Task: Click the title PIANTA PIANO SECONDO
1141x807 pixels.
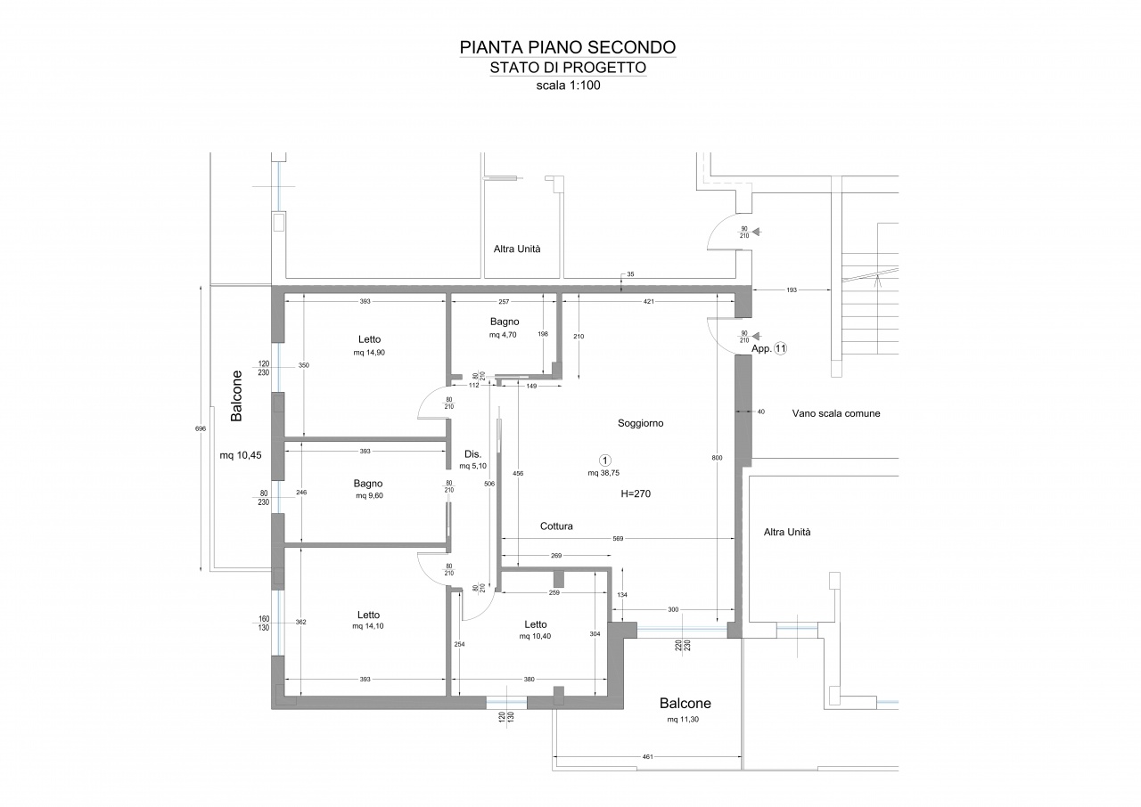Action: pyautogui.click(x=568, y=47)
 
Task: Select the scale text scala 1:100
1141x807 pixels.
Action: pyautogui.click(x=568, y=86)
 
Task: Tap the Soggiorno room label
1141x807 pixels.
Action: pyautogui.click(x=640, y=423)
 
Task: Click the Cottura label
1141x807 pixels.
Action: pyautogui.click(x=556, y=526)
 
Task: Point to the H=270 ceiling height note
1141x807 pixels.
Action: pyautogui.click(x=636, y=493)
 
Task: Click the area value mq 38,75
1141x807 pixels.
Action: pyautogui.click(x=603, y=473)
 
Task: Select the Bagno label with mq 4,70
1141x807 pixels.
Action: pyautogui.click(x=505, y=322)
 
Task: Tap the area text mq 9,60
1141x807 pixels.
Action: pyautogui.click(x=369, y=495)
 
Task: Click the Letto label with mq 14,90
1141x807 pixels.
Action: pyautogui.click(x=369, y=339)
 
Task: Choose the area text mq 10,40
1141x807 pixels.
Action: pyautogui.click(x=535, y=636)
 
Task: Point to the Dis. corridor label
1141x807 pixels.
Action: pyautogui.click(x=472, y=454)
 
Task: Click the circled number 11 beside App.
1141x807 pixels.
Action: pyautogui.click(x=780, y=348)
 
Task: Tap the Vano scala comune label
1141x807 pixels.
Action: pyautogui.click(x=836, y=413)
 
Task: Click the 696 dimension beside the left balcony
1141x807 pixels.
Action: pyautogui.click(x=201, y=429)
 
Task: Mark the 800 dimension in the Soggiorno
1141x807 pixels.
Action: pyautogui.click(x=717, y=458)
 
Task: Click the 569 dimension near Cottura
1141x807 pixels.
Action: pyautogui.click(x=618, y=538)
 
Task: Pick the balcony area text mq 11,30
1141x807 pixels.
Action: pyautogui.click(x=683, y=720)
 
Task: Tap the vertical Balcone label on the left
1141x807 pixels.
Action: pyautogui.click(x=236, y=395)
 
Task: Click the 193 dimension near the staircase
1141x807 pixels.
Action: pyautogui.click(x=792, y=290)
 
